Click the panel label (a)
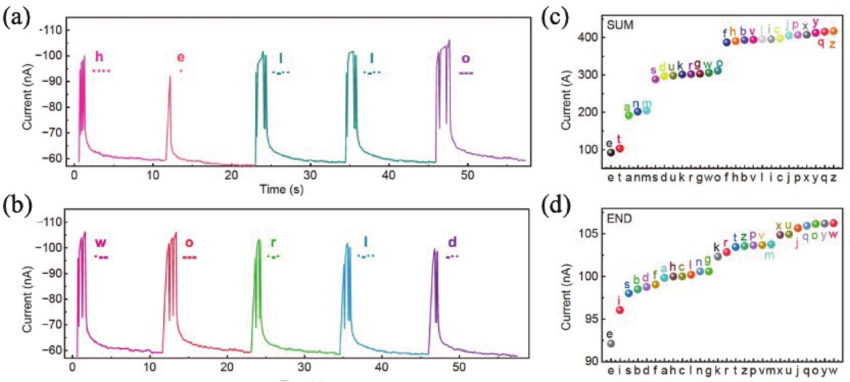(x=16, y=18)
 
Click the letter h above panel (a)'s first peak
(x=99, y=57)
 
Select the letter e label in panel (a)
(x=181, y=58)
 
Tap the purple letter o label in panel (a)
(x=465, y=59)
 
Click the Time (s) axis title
(x=281, y=189)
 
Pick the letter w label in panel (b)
(x=101, y=243)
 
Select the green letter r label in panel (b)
(x=273, y=243)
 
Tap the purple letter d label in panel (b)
(x=452, y=243)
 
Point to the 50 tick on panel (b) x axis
(x=459, y=367)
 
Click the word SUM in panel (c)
(x=620, y=25)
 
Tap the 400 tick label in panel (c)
(x=587, y=37)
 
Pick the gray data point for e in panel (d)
(x=611, y=344)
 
